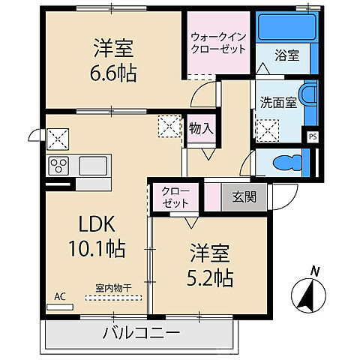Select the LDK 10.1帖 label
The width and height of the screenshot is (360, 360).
point(92,235)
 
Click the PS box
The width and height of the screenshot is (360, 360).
point(312,136)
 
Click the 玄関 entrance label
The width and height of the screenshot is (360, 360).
point(241,196)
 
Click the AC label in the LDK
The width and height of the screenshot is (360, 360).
point(59,295)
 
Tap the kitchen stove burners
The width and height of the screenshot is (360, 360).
point(59,165)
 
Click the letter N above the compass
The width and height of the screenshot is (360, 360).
point(315,271)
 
